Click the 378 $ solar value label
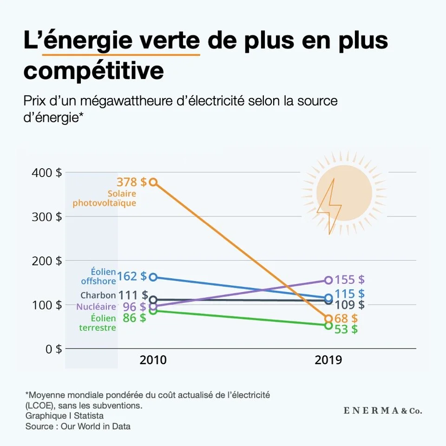click(131, 182)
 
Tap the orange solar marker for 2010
click(153, 182)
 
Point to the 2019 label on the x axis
click(328, 360)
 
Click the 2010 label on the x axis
click(153, 360)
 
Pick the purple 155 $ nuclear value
click(349, 280)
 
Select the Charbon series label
click(98, 295)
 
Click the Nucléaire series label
click(96, 307)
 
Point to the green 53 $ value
click(346, 329)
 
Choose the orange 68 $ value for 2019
click(346, 319)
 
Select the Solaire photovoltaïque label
click(105, 198)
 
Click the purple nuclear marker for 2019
click(328, 280)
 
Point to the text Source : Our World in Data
click(78, 426)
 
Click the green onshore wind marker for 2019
click(328, 326)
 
